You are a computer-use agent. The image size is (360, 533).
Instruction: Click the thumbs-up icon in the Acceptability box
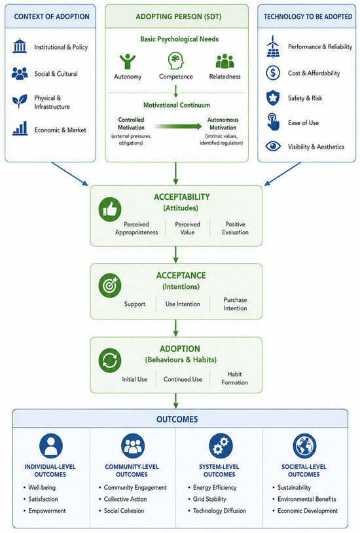(110, 210)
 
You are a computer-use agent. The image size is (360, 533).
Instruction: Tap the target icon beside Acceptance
(110, 285)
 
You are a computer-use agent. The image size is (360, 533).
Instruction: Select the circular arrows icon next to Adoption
(110, 360)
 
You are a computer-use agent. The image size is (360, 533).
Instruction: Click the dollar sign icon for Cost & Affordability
(273, 73)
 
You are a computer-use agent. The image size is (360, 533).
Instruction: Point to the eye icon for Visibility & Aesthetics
(273, 147)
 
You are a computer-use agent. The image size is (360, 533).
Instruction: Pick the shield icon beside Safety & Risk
(273, 98)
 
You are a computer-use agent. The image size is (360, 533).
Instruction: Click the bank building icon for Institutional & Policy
(20, 46)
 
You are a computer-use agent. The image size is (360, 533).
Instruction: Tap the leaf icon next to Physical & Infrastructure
(20, 101)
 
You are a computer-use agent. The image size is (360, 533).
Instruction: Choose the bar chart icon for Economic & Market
(20, 129)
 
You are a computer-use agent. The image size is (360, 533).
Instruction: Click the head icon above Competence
(176, 60)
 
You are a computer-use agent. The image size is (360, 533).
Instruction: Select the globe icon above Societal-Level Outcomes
(304, 446)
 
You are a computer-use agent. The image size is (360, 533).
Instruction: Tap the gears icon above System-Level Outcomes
(221, 446)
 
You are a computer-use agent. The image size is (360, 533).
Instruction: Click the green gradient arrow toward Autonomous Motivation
(177, 126)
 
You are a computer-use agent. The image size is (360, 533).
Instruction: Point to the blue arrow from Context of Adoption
(69, 174)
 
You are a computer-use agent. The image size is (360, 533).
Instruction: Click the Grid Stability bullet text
(209, 499)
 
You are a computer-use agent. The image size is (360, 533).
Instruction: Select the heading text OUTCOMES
(177, 419)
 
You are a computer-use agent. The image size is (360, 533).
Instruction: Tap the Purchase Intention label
(235, 304)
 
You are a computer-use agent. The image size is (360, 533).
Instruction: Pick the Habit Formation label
(234, 378)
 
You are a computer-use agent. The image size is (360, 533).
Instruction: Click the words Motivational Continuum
(177, 105)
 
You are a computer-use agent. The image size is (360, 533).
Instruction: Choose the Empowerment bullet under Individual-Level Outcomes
(47, 511)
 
